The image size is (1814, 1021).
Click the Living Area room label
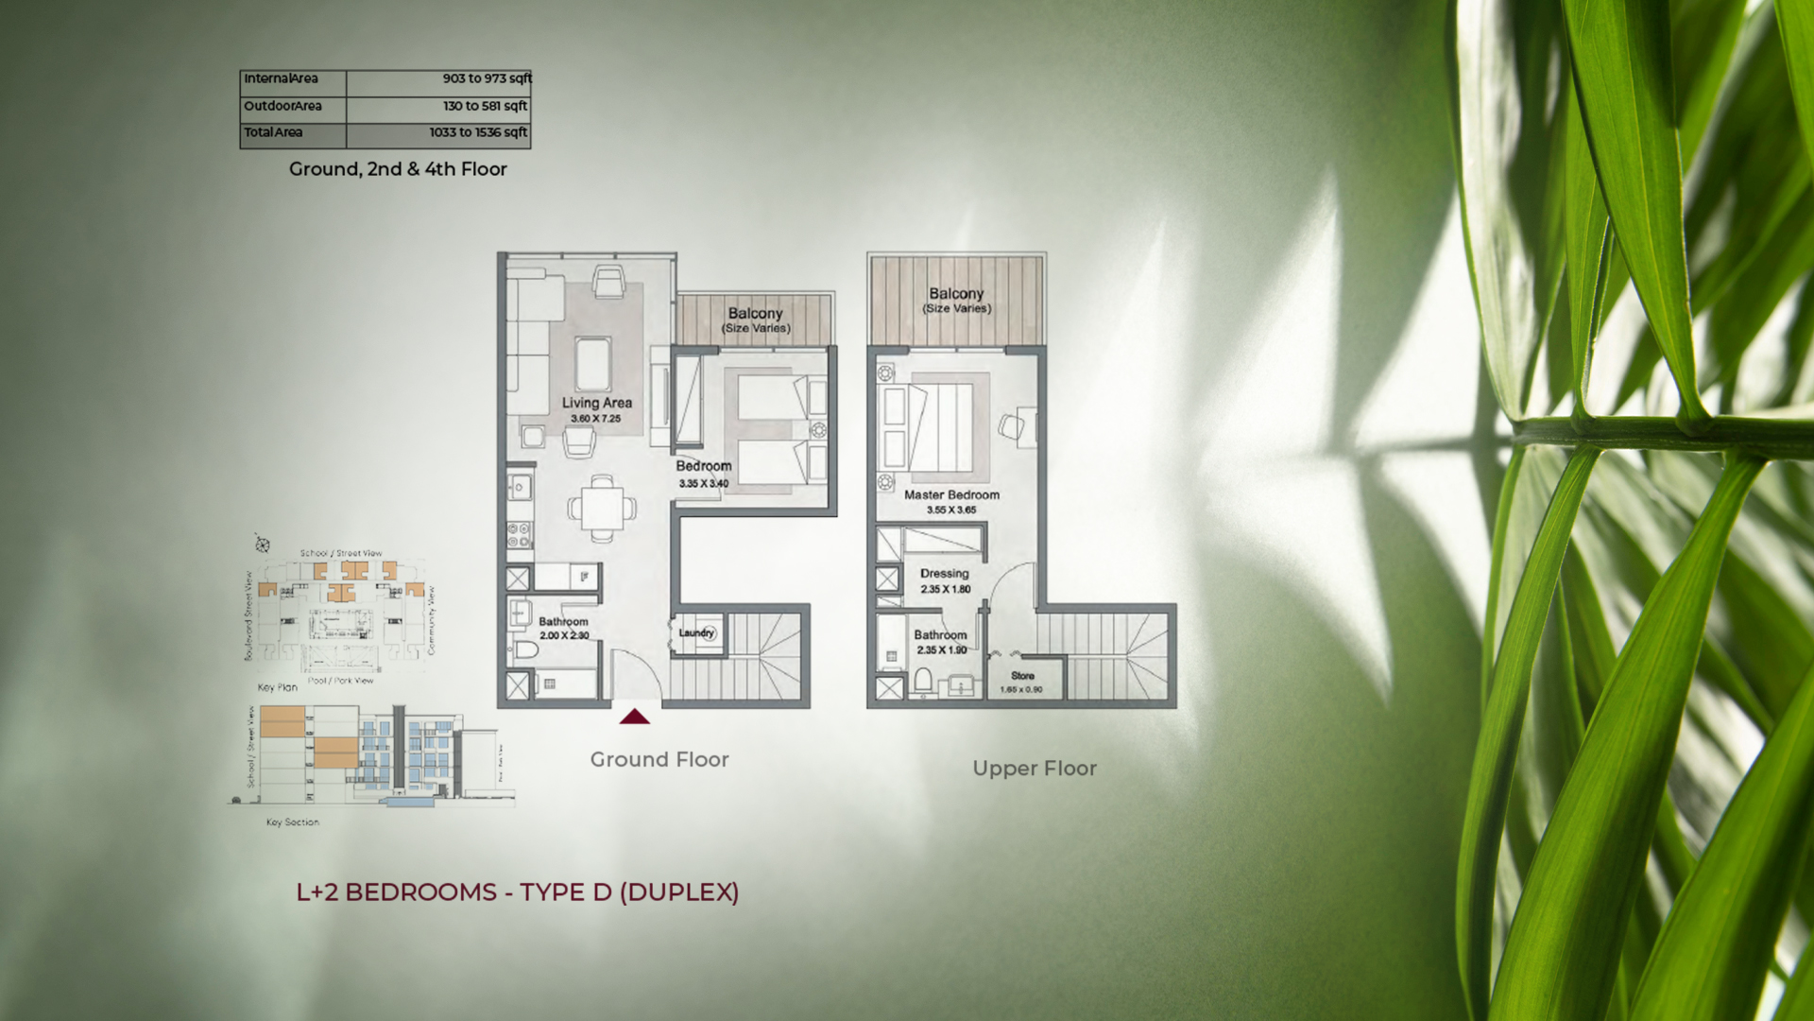point(596,403)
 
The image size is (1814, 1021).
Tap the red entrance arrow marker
point(635,717)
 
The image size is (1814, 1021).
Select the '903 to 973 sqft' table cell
point(487,79)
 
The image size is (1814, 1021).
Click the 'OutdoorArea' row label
point(283,106)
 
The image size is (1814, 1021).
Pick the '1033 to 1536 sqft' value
point(478,132)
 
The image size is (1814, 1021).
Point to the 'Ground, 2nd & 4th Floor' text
point(398,169)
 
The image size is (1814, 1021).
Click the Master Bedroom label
point(951,494)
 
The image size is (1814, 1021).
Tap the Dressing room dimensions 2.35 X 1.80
point(945,589)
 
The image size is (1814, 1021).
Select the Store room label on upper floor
point(1022,676)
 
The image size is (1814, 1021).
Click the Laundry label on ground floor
point(696,632)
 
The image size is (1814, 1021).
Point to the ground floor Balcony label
point(755,314)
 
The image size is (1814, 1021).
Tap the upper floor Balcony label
point(956,294)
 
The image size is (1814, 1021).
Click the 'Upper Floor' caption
point(1035,769)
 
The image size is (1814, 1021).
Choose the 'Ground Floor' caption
point(659,760)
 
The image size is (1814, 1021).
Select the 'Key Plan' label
point(278,687)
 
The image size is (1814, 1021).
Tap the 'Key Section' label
point(292,822)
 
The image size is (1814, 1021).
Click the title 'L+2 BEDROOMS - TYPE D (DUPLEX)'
point(518,892)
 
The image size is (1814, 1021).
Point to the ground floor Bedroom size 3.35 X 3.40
point(703,484)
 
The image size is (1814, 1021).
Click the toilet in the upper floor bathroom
point(923,680)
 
